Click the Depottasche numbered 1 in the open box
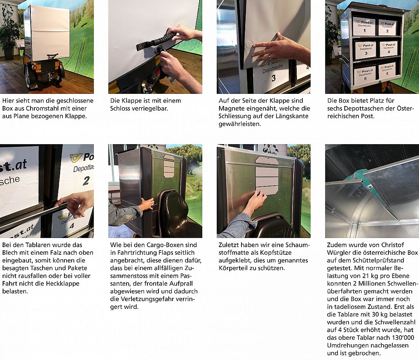[364, 26]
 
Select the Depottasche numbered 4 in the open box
[389, 49]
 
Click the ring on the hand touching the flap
[270, 56]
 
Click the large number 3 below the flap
[273, 78]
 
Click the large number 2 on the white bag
[86, 181]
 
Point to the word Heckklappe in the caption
[65, 283]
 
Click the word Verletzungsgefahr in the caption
[153, 299]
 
